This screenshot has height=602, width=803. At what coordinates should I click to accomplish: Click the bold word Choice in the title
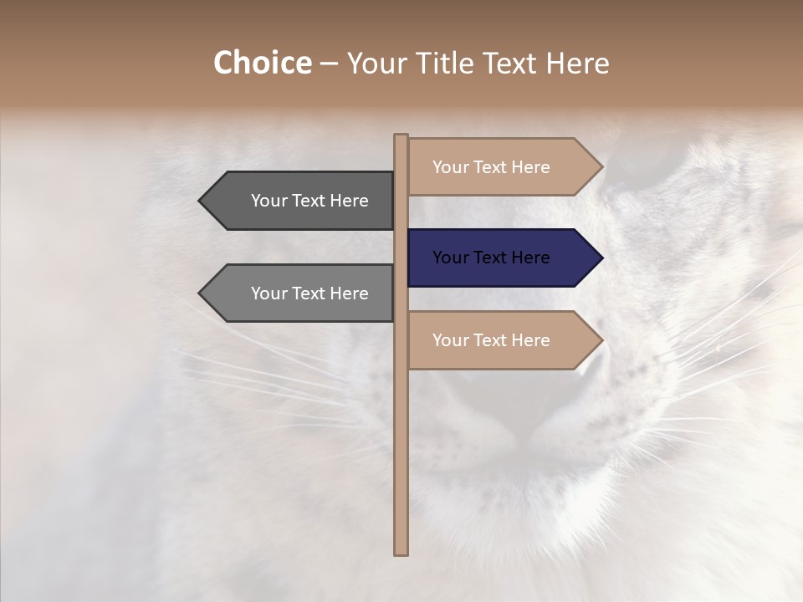262,64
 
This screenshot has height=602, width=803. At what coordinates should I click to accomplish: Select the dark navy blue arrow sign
494,258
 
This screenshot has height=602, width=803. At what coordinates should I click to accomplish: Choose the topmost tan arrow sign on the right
494,167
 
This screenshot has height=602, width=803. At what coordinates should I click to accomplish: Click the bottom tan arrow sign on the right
494,340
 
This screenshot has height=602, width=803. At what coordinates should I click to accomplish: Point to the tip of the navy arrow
601,258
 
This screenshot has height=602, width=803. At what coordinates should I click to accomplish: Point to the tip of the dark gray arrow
201,201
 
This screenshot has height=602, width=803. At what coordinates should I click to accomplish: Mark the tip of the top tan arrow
601,167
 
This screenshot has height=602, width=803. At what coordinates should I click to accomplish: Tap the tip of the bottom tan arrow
601,340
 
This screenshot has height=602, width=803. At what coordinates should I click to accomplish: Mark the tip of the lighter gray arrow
201,293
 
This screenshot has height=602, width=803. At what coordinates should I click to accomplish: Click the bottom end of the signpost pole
401,552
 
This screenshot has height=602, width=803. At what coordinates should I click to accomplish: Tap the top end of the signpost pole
401,136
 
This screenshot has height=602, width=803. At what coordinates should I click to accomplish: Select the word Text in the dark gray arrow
309,201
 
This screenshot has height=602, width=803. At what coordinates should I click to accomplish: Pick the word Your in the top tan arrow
450,167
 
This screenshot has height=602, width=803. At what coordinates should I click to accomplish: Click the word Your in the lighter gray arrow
269,293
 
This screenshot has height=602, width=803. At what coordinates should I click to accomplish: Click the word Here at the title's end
578,64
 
